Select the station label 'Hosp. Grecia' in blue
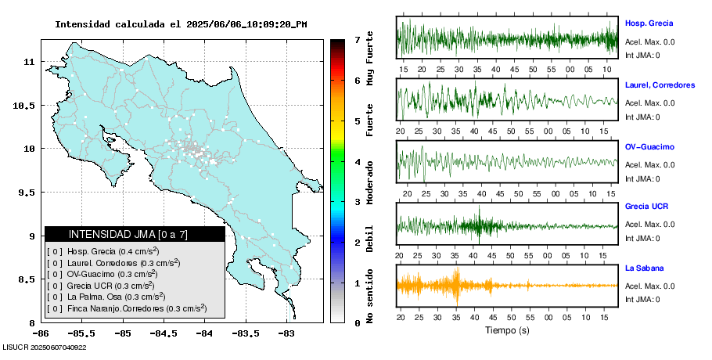[x=649, y=23]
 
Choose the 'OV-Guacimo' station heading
[x=649, y=147]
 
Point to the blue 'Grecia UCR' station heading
[x=646, y=207]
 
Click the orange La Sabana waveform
[x=507, y=285]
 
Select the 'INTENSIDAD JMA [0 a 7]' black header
[x=135, y=234]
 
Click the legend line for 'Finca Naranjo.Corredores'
[x=127, y=308]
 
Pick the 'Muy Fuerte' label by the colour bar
[x=369, y=57]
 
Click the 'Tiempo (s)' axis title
[x=507, y=331]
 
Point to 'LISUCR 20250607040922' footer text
[x=45, y=347]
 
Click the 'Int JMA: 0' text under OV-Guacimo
[x=642, y=179]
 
